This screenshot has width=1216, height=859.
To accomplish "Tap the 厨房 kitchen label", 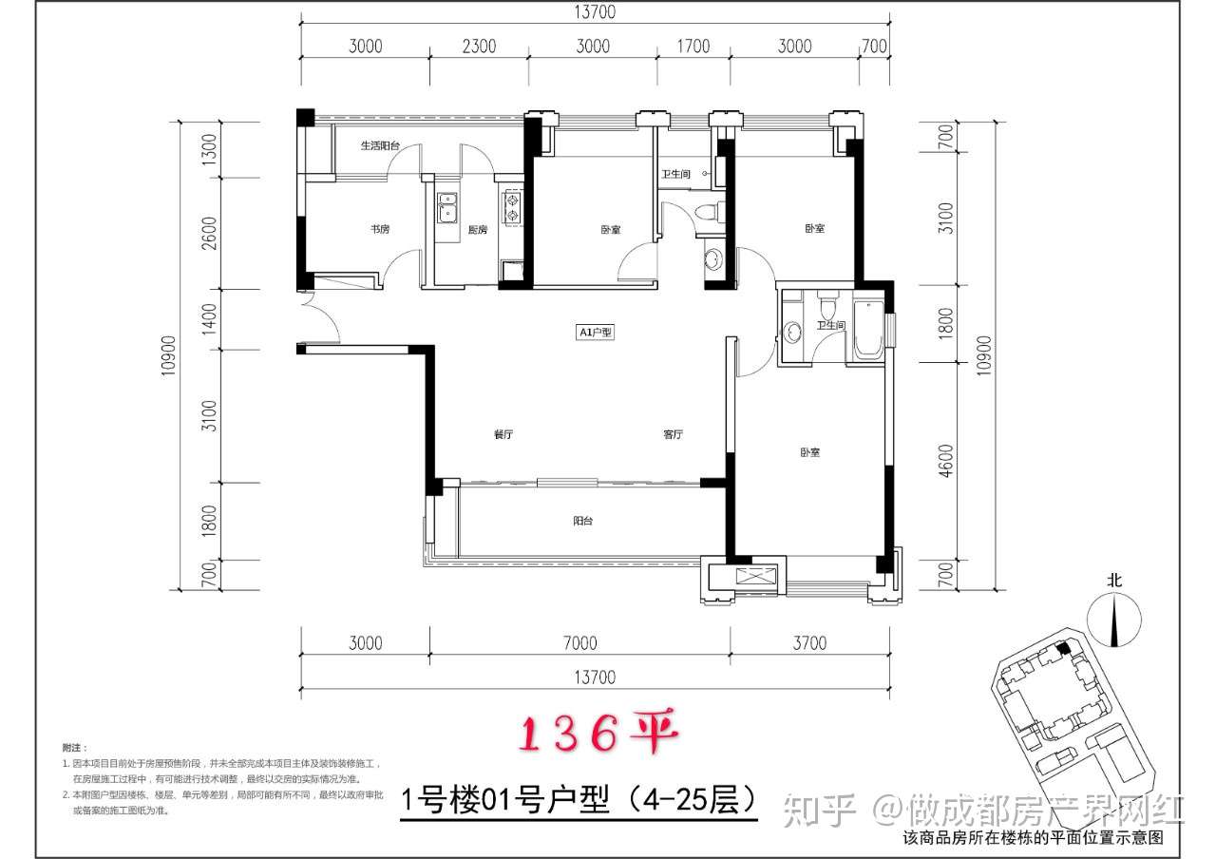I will [x=478, y=229].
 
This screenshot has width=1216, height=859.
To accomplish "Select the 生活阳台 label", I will [x=379, y=145].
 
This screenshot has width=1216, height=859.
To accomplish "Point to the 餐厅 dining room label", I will [x=503, y=435].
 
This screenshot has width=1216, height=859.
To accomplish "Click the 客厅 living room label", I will [x=674, y=435].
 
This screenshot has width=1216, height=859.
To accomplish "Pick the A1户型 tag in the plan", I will [x=597, y=333].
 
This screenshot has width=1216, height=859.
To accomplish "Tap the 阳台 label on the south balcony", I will [x=583, y=521].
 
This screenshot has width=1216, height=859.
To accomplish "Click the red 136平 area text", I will [x=595, y=734].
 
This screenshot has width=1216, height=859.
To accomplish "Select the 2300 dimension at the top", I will [x=480, y=46].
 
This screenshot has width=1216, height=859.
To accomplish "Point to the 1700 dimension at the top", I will [x=693, y=46].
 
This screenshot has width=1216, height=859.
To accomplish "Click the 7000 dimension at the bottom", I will [x=579, y=643].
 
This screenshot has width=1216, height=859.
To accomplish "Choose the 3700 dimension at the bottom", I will [x=808, y=643].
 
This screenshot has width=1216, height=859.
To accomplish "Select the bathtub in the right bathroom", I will [x=869, y=331].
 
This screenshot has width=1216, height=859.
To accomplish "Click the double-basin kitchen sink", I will [x=446, y=208].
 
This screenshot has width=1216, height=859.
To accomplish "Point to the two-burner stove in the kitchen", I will [x=512, y=208].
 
